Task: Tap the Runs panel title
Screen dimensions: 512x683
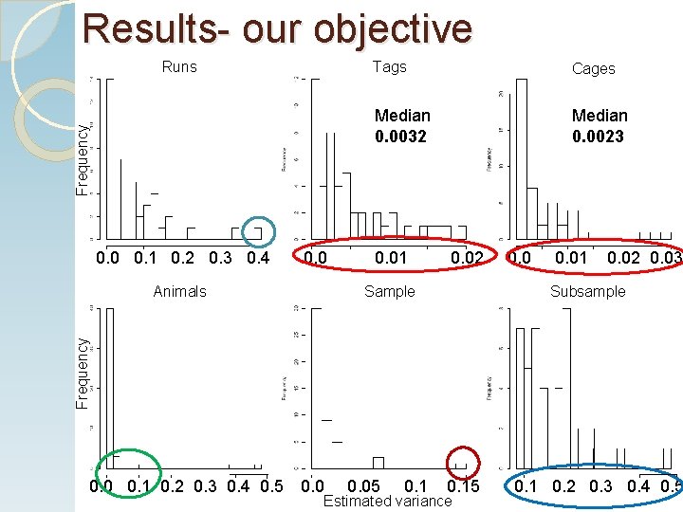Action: pyautogui.click(x=179, y=66)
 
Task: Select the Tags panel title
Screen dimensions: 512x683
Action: pyautogui.click(x=389, y=66)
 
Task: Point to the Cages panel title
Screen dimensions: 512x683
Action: pyautogui.click(x=594, y=68)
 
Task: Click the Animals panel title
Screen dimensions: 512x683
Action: pyautogui.click(x=179, y=291)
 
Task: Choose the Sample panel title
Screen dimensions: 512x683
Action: pyautogui.click(x=390, y=291)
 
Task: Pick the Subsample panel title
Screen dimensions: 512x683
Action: pyautogui.click(x=588, y=291)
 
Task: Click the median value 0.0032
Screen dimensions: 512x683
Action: pyautogui.click(x=401, y=136)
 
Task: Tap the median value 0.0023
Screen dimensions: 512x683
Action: pyautogui.click(x=599, y=136)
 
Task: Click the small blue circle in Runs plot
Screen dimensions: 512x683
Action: pyautogui.click(x=257, y=231)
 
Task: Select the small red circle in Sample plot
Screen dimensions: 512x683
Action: pyautogui.click(x=463, y=461)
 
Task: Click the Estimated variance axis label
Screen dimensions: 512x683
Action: pyautogui.click(x=387, y=501)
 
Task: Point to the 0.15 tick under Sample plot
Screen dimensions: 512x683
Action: pyautogui.click(x=464, y=487)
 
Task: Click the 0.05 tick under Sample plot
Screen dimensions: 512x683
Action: pyautogui.click(x=363, y=487)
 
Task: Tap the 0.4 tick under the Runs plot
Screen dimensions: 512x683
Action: pyautogui.click(x=257, y=258)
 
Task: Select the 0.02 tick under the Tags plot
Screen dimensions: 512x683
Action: pyautogui.click(x=466, y=257)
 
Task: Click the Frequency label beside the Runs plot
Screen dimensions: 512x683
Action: pyautogui.click(x=83, y=158)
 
